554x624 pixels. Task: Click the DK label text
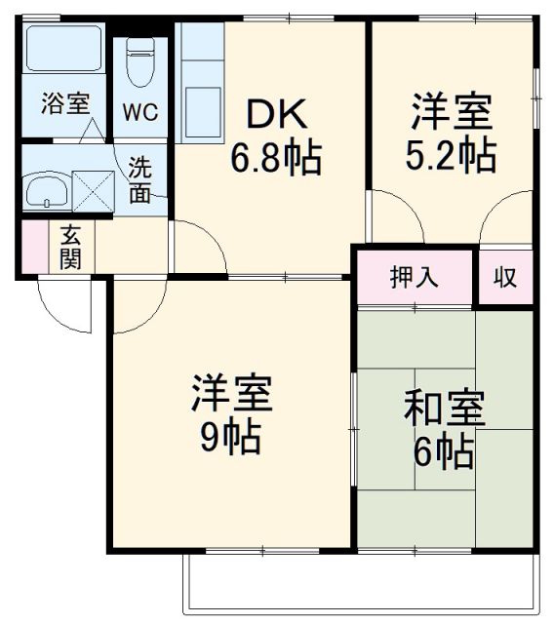point(275,115)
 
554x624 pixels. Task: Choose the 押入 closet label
point(415,277)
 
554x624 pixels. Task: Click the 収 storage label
point(504,277)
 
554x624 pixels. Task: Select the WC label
point(138,109)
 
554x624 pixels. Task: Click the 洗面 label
point(140,178)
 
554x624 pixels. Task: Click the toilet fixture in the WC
point(140,63)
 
